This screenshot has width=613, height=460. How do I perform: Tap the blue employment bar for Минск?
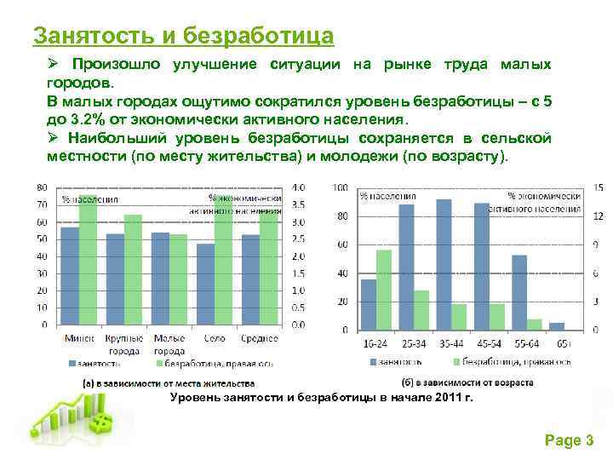pyautogui.click(x=70, y=275)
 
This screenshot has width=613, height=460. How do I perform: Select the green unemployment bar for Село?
pyautogui.click(x=224, y=264)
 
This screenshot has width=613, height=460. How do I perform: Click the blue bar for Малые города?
pyautogui.click(x=160, y=278)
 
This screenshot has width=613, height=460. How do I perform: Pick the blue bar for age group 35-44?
pyautogui.click(x=444, y=264)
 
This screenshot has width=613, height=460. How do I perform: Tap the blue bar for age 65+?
pyautogui.click(x=557, y=326)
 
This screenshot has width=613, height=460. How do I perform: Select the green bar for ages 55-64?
pyautogui.click(x=535, y=325)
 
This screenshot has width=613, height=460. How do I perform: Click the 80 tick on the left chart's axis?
pyautogui.click(x=42, y=187)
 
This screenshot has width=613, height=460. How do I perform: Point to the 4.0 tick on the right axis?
pyautogui.click(x=299, y=187)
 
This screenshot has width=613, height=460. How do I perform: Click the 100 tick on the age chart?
pyautogui.click(x=340, y=187)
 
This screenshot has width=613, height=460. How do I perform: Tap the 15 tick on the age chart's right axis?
pyautogui.click(x=599, y=187)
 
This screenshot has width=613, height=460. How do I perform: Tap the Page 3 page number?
pyautogui.click(x=568, y=440)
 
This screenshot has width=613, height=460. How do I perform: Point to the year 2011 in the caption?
pyautogui.click(x=438, y=398)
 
